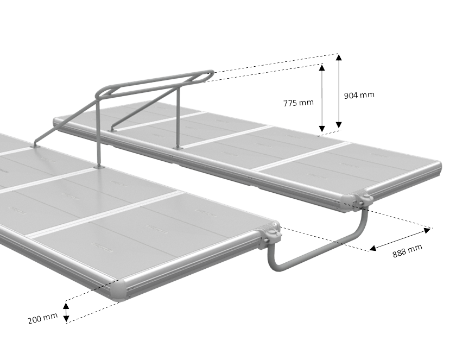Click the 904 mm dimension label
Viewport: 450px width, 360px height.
point(359,95)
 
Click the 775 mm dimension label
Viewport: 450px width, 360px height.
point(299,103)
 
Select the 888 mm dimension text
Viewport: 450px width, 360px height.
point(407,251)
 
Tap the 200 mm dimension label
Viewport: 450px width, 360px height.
point(43,318)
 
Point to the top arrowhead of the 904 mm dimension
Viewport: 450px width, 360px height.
point(339,57)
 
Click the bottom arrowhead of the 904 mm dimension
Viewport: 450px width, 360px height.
point(339,125)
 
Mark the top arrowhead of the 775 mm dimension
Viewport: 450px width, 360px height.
point(322,67)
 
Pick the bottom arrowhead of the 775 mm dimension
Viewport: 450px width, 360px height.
point(322,129)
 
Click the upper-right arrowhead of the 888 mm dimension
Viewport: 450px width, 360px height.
point(427,230)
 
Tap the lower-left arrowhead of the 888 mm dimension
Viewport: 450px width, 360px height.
point(372,248)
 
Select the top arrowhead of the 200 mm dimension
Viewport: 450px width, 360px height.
point(66,306)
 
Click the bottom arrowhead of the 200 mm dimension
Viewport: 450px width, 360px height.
point(66,318)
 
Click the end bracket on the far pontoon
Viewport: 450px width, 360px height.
point(363,199)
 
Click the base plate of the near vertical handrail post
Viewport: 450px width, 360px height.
point(99,166)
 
